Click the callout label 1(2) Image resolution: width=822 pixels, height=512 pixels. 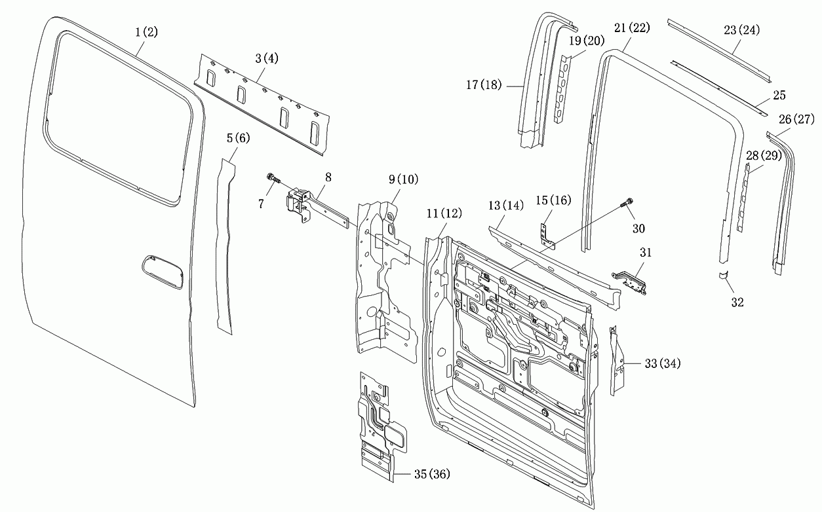click(x=146, y=32)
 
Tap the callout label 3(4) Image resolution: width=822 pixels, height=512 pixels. click(x=267, y=58)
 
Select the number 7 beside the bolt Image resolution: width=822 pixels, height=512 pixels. click(x=261, y=204)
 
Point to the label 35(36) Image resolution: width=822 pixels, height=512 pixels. click(x=432, y=474)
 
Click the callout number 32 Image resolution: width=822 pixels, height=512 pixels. click(x=737, y=302)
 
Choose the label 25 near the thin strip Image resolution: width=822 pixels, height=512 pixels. click(x=779, y=96)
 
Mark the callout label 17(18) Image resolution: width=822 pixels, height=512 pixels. click(x=484, y=85)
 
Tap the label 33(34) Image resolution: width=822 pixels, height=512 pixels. click(x=663, y=363)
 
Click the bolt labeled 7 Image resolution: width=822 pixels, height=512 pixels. click(x=273, y=179)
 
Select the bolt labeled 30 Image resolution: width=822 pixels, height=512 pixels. click(x=627, y=202)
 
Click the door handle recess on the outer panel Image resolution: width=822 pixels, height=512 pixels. click(x=162, y=272)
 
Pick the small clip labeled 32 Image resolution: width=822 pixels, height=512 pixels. click(x=723, y=275)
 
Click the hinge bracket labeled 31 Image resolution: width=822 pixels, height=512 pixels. click(x=629, y=282)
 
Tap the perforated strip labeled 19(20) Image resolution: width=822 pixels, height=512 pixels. click(x=562, y=89)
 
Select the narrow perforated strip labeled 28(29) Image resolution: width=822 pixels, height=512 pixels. click(x=743, y=197)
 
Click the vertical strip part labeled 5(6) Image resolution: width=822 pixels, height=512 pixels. click(x=225, y=246)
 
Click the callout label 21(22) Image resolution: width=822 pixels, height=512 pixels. click(x=632, y=28)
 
